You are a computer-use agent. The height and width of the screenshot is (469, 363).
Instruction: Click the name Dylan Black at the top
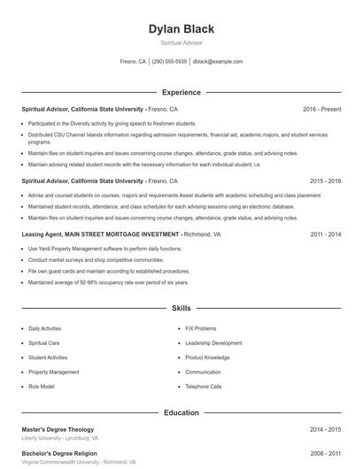(181, 29)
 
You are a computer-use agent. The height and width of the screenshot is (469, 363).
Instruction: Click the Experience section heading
(181, 92)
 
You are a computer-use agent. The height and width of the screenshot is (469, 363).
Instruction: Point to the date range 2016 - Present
(321, 109)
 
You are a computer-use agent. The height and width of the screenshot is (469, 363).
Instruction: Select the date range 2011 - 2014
(325, 234)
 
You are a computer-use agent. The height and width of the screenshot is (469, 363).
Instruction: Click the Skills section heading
(181, 308)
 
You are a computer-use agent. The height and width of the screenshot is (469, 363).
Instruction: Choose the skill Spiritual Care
(44, 342)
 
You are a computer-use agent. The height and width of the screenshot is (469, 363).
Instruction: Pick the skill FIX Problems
(200, 328)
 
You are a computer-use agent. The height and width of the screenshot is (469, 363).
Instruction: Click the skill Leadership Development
(213, 342)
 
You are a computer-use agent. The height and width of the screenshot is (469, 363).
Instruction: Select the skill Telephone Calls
(204, 387)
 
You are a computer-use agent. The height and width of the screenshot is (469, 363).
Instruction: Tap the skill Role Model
(41, 387)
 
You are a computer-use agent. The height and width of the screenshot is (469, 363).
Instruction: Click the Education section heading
(181, 412)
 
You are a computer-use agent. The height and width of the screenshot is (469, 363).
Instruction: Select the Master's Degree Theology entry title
(58, 429)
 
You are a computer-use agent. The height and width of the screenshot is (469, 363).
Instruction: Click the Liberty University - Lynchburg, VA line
(60, 438)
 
